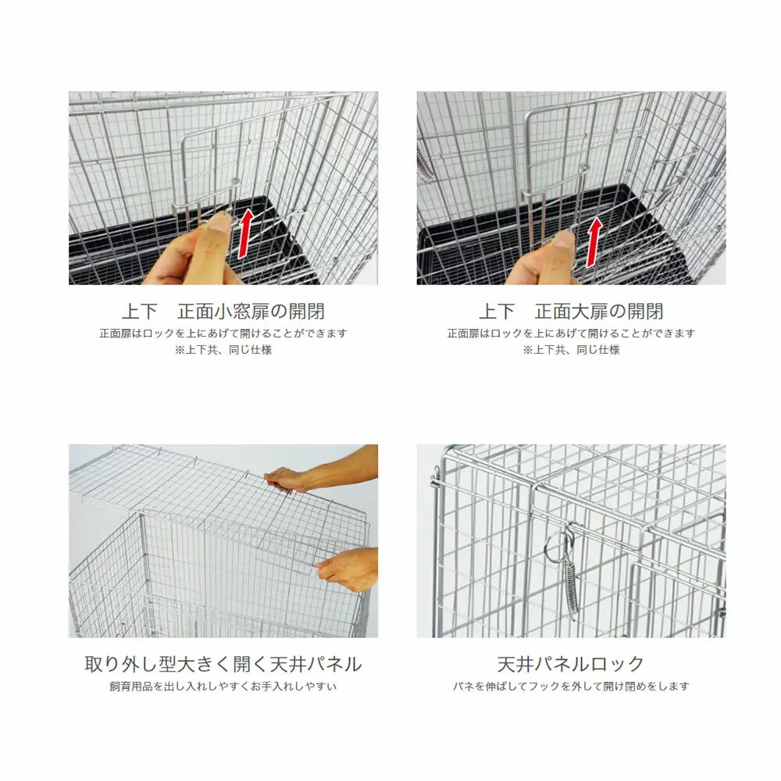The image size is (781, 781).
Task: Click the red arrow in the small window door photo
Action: pyautogui.click(x=245, y=234)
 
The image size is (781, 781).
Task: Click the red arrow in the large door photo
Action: pyautogui.click(x=594, y=243)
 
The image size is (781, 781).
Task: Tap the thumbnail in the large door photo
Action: pyautogui.click(x=564, y=239)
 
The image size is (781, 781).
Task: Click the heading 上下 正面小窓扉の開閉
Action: pyautogui.click(x=223, y=312)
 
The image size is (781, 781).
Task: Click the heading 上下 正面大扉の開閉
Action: pyautogui.click(x=572, y=312)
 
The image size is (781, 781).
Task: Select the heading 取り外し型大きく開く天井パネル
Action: pyautogui.click(x=223, y=664)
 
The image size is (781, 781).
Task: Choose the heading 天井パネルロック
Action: pyautogui.click(x=571, y=664)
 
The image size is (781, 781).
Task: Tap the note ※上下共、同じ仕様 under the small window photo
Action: pyautogui.click(x=223, y=350)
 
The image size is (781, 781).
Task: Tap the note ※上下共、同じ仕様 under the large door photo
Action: pyautogui.click(x=572, y=350)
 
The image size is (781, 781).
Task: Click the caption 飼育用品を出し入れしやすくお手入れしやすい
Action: pyautogui.click(x=223, y=686)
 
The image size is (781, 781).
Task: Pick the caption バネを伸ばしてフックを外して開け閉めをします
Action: pyautogui.click(x=572, y=686)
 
